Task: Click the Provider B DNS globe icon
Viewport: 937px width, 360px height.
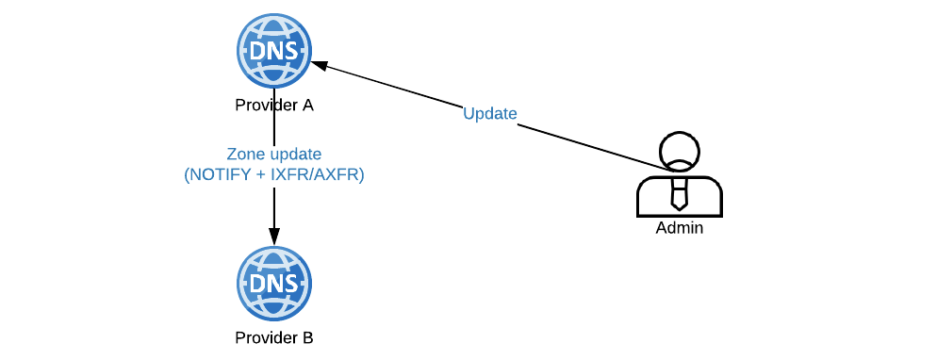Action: click(273, 284)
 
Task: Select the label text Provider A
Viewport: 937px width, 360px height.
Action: click(273, 106)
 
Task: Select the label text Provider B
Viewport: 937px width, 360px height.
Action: click(273, 336)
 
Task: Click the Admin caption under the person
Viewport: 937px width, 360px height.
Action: click(679, 228)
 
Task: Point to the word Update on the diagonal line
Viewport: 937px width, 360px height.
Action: click(489, 113)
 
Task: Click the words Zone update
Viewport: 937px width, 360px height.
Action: click(273, 154)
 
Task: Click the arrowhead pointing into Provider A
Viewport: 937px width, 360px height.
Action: click(320, 65)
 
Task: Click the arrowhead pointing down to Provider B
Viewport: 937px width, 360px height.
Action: click(273, 237)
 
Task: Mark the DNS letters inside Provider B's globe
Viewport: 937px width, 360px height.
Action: click(273, 285)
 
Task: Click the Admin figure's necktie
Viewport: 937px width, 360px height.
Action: click(679, 194)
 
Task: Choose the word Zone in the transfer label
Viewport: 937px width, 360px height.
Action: click(244, 154)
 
